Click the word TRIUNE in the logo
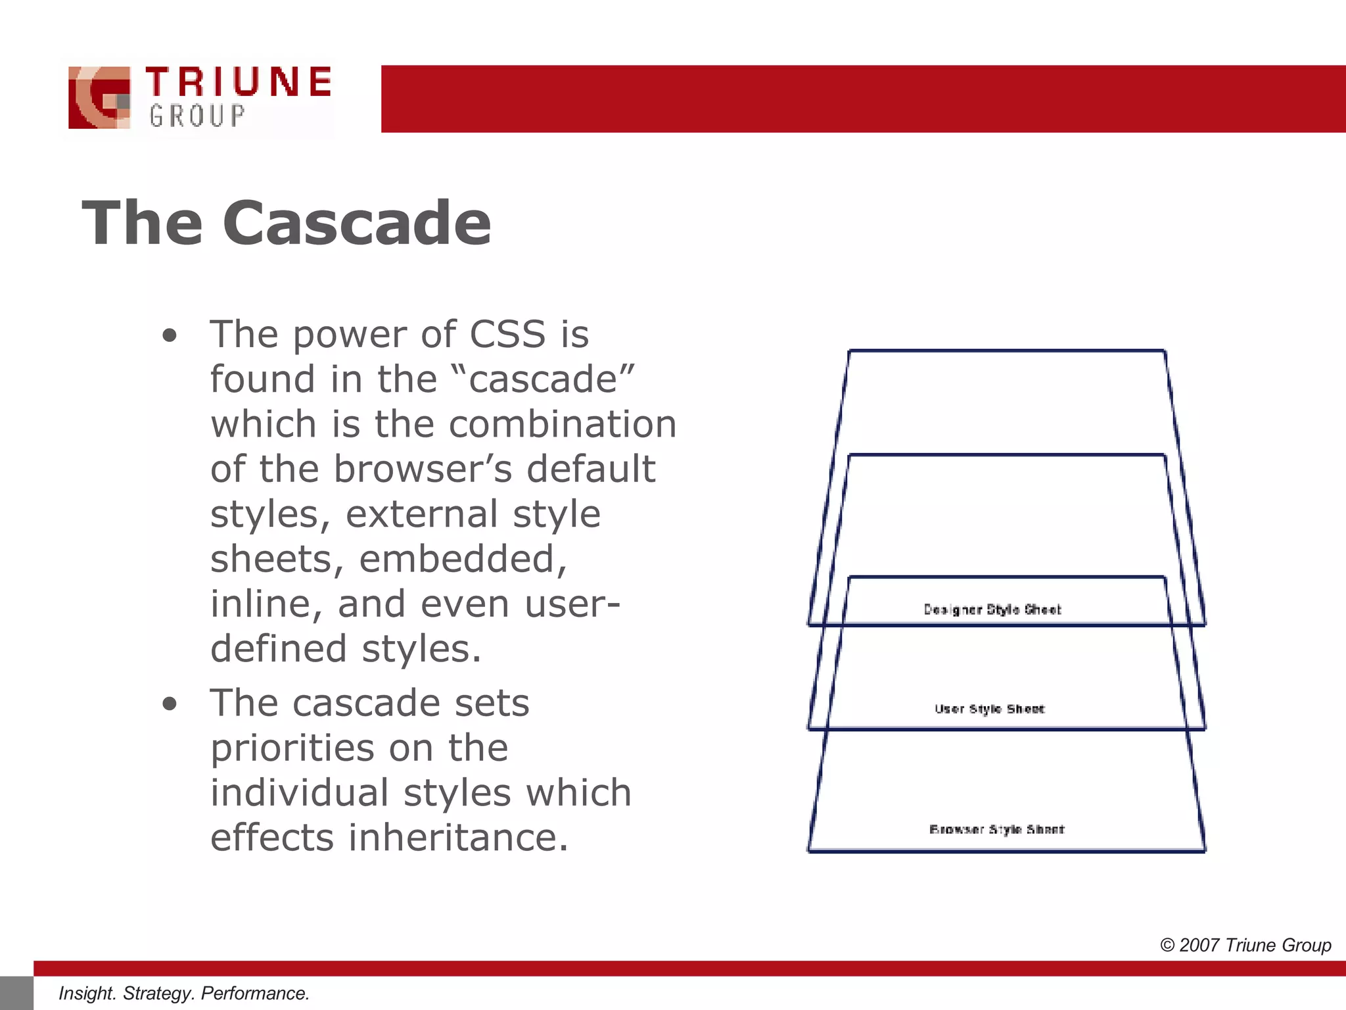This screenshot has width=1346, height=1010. [x=239, y=82]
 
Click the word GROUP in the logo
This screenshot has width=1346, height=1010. [x=197, y=116]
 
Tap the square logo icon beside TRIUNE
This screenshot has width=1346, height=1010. [x=99, y=97]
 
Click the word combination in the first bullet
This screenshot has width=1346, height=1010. [x=562, y=424]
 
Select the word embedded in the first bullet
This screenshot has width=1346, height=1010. [x=463, y=559]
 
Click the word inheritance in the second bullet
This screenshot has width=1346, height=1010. [x=457, y=838]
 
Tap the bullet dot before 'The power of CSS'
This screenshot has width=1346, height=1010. [x=170, y=336]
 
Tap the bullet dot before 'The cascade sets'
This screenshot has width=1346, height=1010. [x=170, y=705]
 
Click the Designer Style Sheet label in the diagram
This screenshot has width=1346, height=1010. [x=992, y=610]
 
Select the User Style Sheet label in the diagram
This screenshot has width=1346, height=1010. [x=989, y=709]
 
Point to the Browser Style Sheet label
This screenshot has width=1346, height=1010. [x=996, y=829]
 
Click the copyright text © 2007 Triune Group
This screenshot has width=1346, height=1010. [x=1245, y=945]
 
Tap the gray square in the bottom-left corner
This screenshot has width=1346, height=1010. [x=16, y=993]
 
